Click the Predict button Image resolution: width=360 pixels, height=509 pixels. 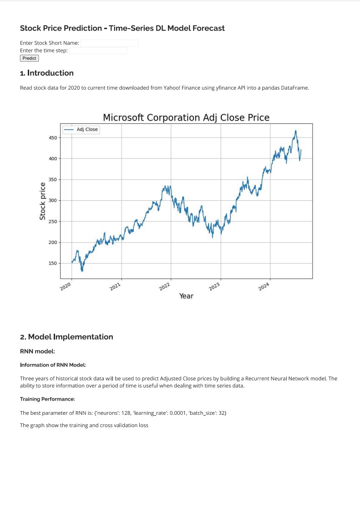tap(29, 58)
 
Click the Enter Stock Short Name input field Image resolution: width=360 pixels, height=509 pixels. tap(109, 43)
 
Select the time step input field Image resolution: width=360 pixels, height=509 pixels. tap(98, 51)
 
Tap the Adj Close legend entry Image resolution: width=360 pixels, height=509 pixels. tap(81, 129)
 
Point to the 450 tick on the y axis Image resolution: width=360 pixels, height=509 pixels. tap(53, 137)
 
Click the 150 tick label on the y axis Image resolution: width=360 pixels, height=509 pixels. tap(53, 263)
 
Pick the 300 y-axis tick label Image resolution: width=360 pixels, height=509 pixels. tap(53, 200)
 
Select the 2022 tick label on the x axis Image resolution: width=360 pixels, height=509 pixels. tap(165, 286)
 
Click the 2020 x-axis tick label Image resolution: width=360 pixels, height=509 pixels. tap(65, 286)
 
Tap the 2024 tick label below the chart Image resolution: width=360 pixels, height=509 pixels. tap(264, 286)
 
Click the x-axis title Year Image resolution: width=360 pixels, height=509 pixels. tap(186, 296)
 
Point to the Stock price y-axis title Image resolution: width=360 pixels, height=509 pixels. tap(42, 201)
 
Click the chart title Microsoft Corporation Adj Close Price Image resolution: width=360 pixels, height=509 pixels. tap(186, 117)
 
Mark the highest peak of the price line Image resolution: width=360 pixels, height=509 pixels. tap(295, 131)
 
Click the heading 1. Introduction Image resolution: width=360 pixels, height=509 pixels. tap(47, 73)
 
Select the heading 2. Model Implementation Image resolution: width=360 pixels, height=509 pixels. tap(66, 337)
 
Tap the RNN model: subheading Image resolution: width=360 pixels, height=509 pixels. tap(38, 351)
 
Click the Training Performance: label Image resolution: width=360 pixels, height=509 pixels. tap(47, 399)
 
